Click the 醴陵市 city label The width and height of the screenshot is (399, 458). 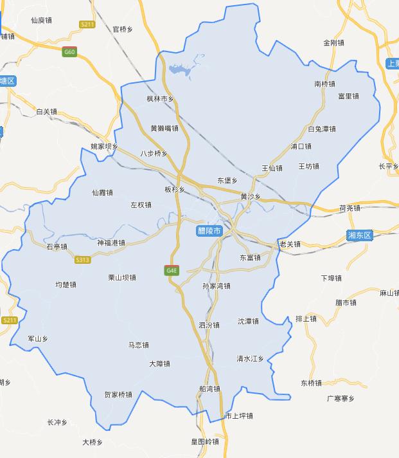point(209,230)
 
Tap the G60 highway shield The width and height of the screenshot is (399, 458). point(69,51)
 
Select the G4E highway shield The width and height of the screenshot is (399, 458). point(172,270)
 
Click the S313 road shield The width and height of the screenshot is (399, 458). point(82,259)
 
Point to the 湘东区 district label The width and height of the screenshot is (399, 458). point(360,235)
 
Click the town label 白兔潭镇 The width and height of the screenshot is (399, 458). point(322,129)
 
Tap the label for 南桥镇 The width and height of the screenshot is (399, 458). point(325,84)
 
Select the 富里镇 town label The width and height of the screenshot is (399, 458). point(348,96)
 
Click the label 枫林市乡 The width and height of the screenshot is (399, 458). point(160,98)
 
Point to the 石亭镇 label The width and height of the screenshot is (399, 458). point(57,246)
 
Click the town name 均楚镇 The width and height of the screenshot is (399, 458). point(66,284)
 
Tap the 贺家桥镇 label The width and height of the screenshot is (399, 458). point(118,395)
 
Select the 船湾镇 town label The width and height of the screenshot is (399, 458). point(209,389)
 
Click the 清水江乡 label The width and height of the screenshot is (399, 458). point(251,358)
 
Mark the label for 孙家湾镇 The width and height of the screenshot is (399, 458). point(216,286)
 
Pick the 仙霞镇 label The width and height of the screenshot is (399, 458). point(103,192)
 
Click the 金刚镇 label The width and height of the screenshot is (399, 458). point(334,42)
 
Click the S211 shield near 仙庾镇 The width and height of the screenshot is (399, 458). point(88,24)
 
